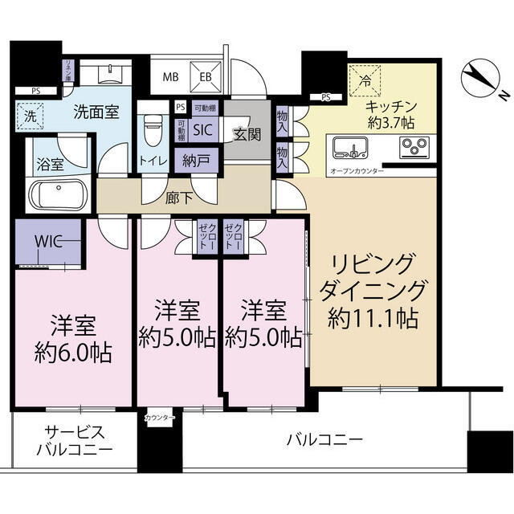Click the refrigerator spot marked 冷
pyautogui.click(x=365, y=80)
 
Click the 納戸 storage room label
pyautogui.click(x=196, y=160)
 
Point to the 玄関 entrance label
pyautogui.click(x=247, y=134)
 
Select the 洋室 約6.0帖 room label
pyautogui.click(x=72, y=339)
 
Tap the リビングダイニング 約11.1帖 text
pyautogui.click(x=372, y=291)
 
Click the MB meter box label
pyautogui.click(x=172, y=78)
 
